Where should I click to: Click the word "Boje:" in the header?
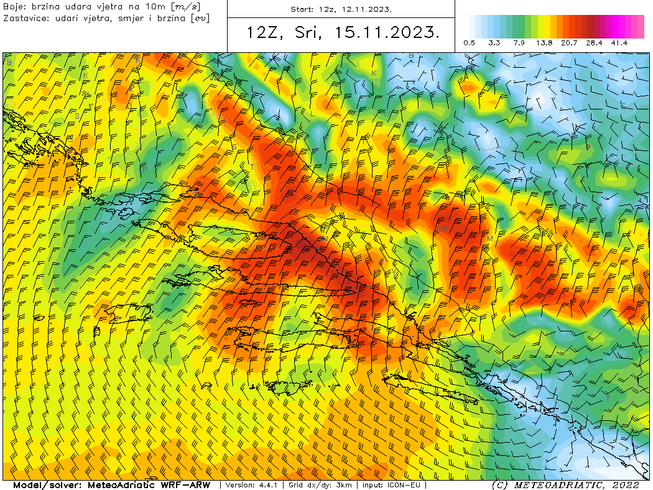(x=14, y=7)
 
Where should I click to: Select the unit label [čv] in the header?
(x=200, y=18)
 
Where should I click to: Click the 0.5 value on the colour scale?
(x=470, y=43)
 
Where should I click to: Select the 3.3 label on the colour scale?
(x=494, y=43)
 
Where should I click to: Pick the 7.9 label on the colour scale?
(x=519, y=43)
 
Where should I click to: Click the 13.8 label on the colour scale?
(x=544, y=43)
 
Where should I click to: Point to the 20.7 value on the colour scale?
(x=569, y=43)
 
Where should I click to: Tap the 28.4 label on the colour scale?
(x=594, y=43)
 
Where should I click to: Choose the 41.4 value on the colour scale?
(x=619, y=43)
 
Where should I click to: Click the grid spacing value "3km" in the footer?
(x=343, y=485)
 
